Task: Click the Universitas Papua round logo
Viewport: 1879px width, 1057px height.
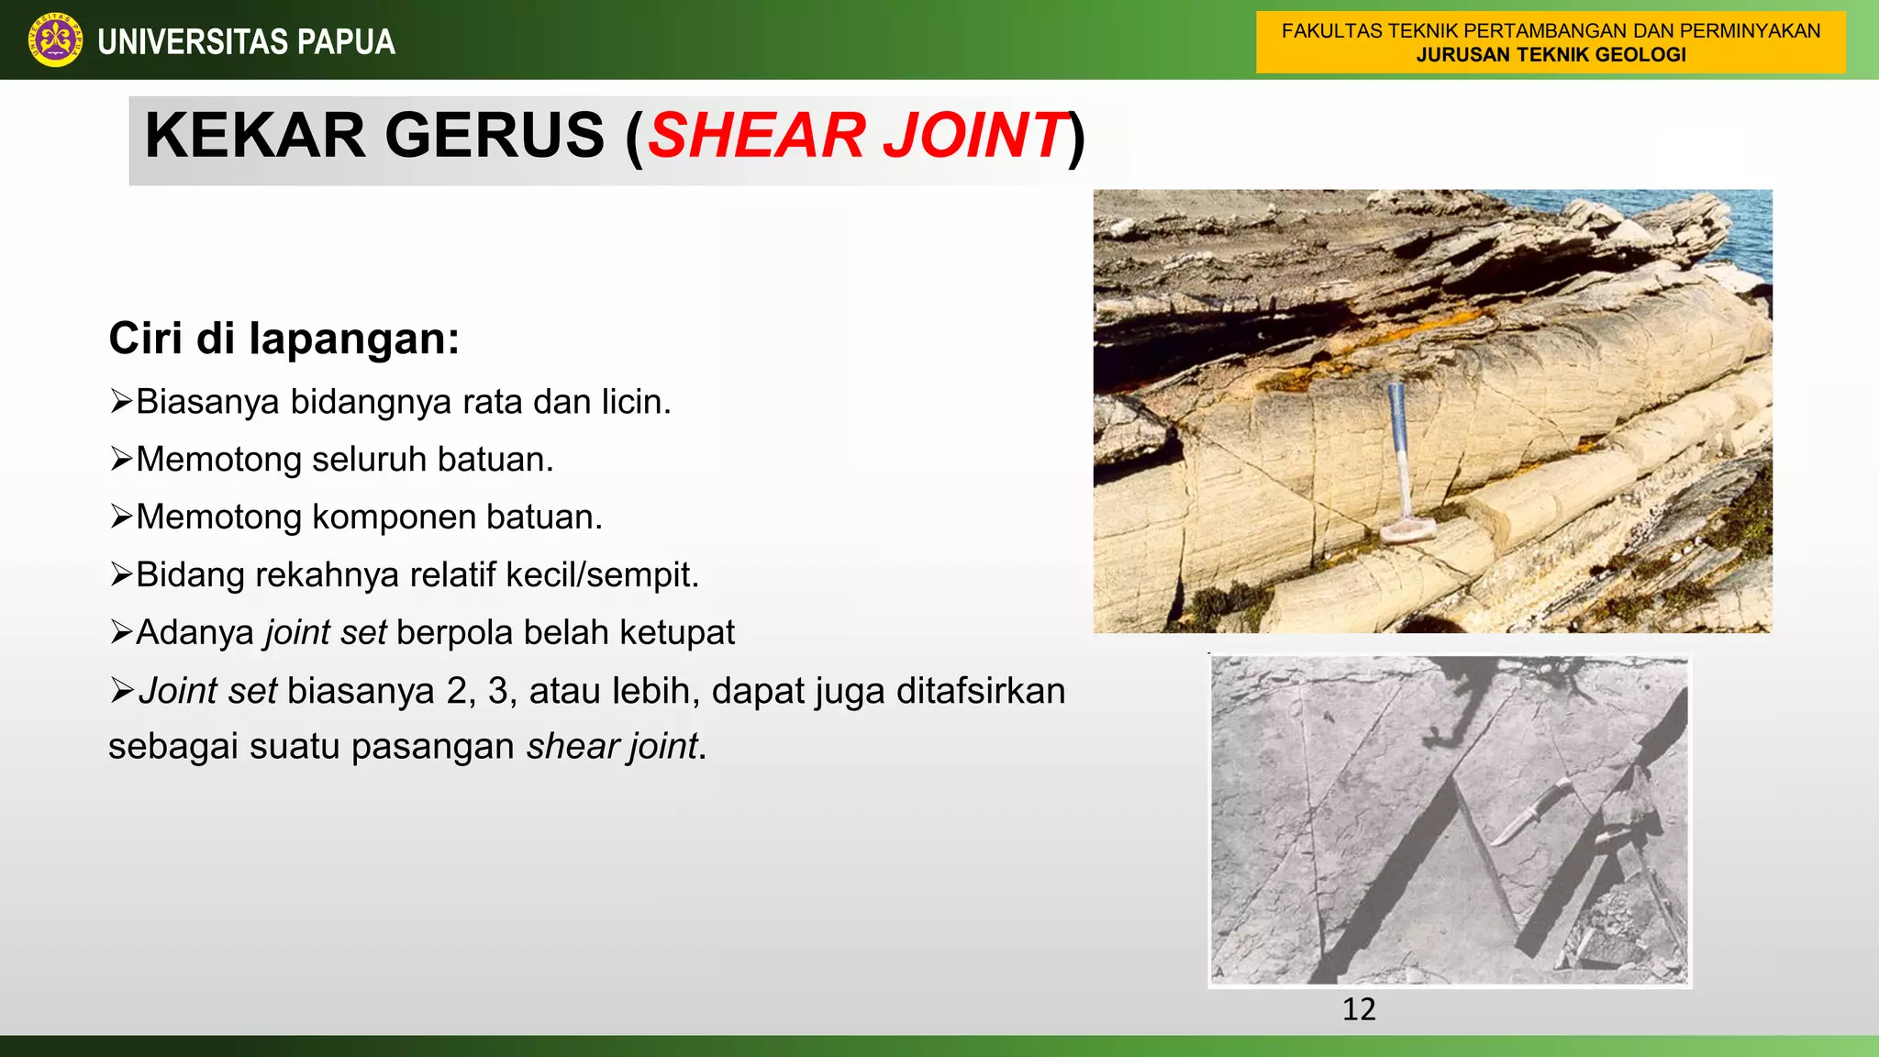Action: pyautogui.click(x=54, y=40)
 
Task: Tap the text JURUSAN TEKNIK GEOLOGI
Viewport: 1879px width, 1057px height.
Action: pyautogui.click(x=1551, y=55)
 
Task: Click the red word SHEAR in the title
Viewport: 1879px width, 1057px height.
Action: pyautogui.click(x=757, y=136)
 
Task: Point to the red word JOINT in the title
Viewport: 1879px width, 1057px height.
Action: pyautogui.click(x=974, y=136)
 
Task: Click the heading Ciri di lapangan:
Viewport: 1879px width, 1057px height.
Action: pyautogui.click(x=284, y=339)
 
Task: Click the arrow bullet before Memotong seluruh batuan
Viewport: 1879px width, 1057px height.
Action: pyautogui.click(x=121, y=459)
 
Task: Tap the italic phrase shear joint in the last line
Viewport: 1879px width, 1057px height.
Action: pyautogui.click(x=612, y=747)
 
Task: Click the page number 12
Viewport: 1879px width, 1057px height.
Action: pyautogui.click(x=1359, y=1009)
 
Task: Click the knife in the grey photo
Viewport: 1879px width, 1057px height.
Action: pyautogui.click(x=1532, y=813)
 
